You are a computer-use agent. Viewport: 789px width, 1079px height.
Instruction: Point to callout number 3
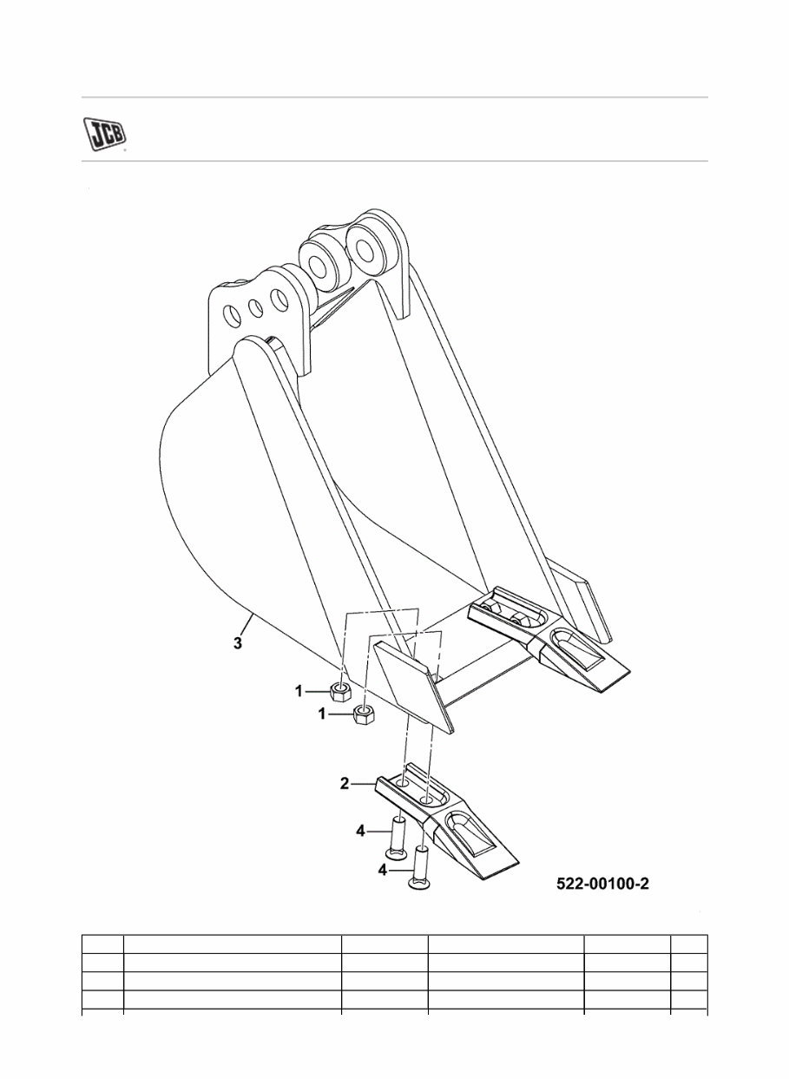tap(238, 644)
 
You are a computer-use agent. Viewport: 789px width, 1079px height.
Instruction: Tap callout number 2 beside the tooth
tap(345, 784)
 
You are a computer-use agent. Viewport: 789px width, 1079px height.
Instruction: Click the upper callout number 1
tap(299, 692)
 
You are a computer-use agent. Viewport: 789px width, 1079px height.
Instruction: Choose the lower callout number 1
tap(323, 714)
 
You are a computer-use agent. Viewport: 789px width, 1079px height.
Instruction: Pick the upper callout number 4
tap(360, 832)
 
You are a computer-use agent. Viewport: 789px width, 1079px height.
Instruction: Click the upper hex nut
tap(340, 692)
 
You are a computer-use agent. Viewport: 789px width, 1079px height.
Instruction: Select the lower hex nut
tap(365, 715)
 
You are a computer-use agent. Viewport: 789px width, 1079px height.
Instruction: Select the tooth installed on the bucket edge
tap(556, 642)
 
